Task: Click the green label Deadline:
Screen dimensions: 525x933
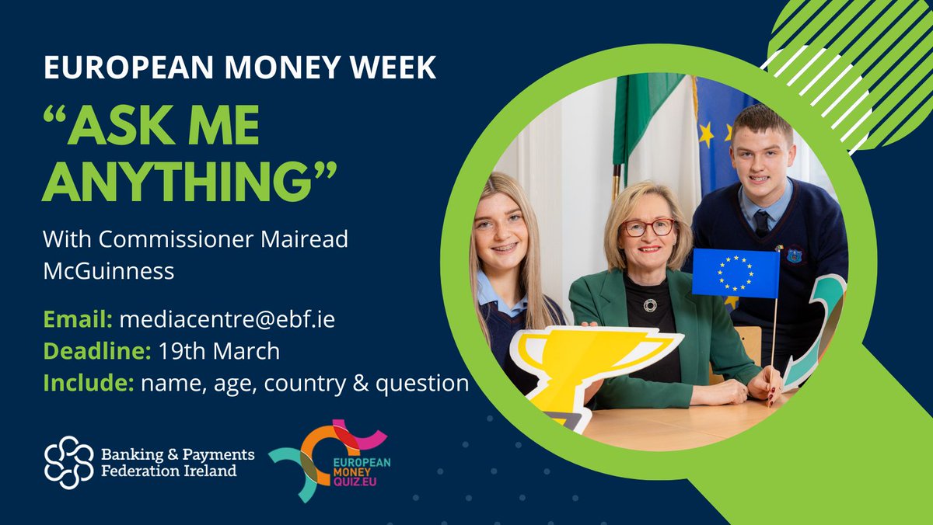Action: [x=96, y=351]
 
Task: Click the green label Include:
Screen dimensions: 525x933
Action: [x=88, y=383]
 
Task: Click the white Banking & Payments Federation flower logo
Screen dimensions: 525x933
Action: [x=68, y=462]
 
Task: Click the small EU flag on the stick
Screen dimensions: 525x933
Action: [x=735, y=273]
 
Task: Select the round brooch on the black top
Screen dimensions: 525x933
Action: [x=650, y=304]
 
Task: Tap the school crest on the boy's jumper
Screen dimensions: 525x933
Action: [x=794, y=255]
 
